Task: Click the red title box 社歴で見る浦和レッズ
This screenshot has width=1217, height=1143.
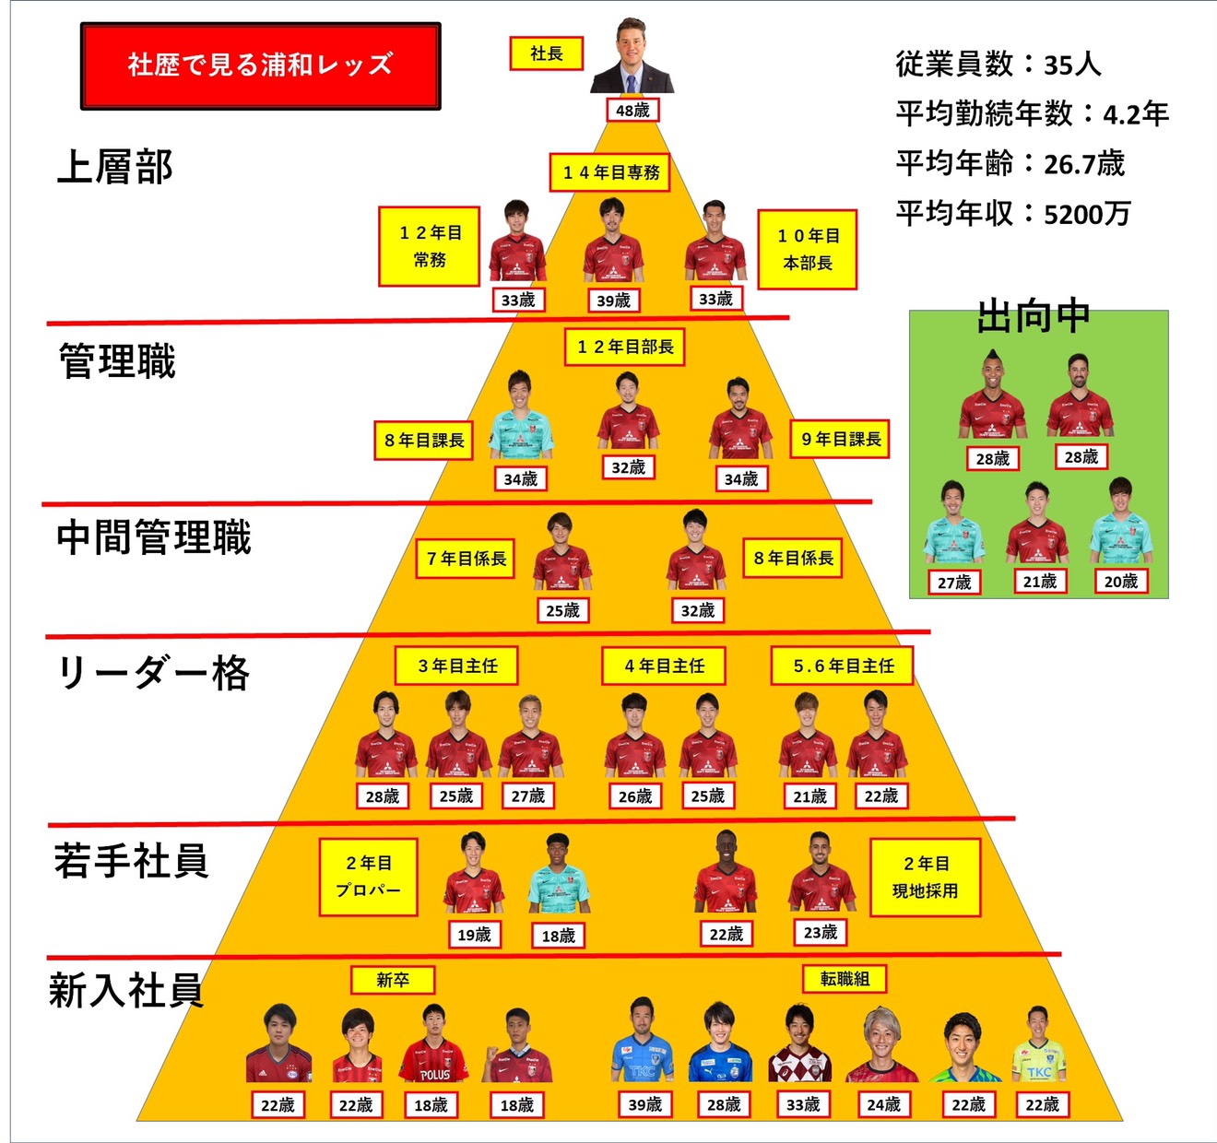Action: tap(260, 65)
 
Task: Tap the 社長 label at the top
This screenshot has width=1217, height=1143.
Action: tap(546, 53)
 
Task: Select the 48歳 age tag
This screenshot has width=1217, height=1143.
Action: tap(632, 111)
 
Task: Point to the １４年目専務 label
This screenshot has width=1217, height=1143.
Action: tap(611, 172)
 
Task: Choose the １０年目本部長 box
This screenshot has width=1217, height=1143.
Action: tap(808, 249)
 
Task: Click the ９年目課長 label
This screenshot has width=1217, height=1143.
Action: tap(840, 440)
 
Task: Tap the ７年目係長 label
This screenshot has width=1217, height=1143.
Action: tap(466, 559)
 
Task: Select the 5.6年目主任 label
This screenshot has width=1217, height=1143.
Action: tap(843, 666)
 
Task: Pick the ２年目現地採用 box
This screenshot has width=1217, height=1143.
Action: tap(925, 877)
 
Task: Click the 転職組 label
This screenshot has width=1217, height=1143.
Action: tap(845, 979)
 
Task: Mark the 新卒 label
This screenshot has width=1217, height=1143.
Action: tap(393, 980)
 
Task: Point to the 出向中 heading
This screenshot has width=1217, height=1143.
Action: tap(1034, 317)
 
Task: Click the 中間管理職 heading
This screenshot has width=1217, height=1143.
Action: tap(154, 537)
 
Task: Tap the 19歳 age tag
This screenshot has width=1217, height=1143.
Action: tap(474, 935)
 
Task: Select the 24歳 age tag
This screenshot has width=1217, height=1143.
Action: tap(882, 1103)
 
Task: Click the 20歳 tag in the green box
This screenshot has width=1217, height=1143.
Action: tap(1120, 581)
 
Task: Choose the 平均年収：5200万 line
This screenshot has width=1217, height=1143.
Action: tap(1013, 214)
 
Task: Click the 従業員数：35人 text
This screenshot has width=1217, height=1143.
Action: tap(998, 64)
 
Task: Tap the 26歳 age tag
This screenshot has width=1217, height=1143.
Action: tap(634, 795)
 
